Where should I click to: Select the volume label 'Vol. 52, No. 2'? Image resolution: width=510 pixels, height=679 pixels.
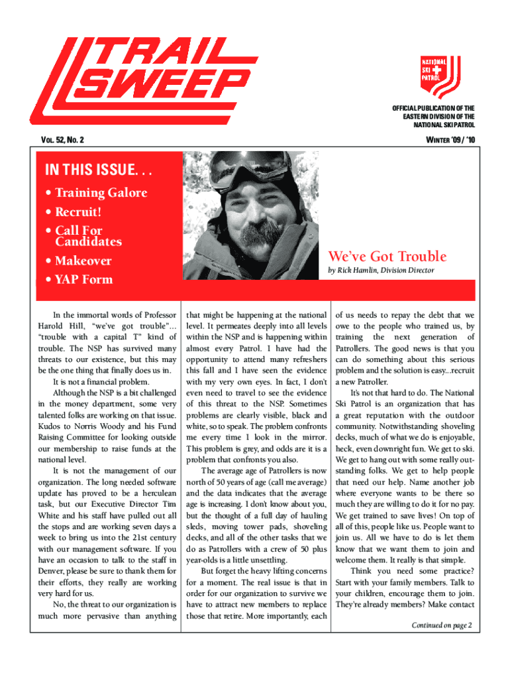64,140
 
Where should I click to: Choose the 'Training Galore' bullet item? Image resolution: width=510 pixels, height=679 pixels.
96,193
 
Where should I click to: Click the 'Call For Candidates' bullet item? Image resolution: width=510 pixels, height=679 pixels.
86,236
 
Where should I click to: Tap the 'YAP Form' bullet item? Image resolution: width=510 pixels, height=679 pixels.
83,279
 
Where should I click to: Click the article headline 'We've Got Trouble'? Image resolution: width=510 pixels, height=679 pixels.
387,257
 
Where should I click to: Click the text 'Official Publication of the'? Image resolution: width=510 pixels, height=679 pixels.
434,108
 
